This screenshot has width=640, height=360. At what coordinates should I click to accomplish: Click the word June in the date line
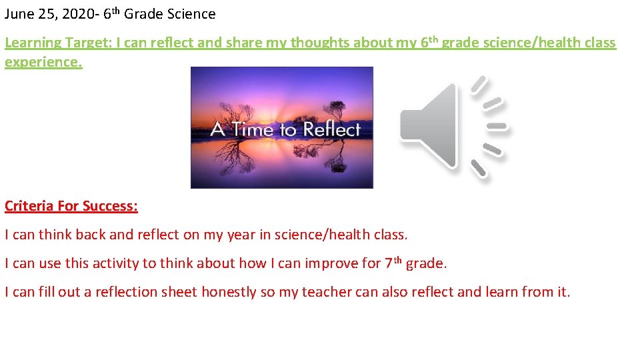[18, 14]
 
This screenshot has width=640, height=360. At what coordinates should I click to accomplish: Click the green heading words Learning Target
[58, 43]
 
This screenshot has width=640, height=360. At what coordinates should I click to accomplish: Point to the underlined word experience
[43, 62]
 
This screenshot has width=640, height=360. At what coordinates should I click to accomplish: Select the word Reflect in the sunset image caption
[331, 129]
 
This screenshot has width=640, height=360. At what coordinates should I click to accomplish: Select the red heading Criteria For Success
[71, 206]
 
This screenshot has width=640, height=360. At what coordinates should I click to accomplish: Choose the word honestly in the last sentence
[229, 292]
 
